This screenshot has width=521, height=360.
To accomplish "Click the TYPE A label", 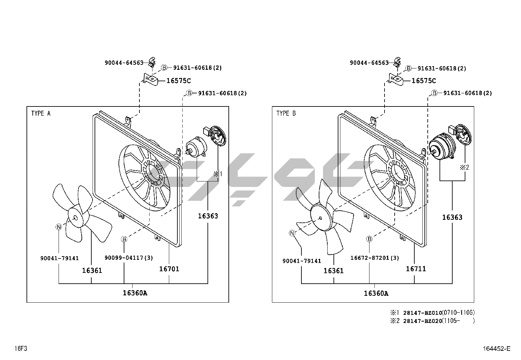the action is (41, 113).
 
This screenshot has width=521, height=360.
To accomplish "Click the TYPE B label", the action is (286, 113).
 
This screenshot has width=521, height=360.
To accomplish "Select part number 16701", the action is (169, 269).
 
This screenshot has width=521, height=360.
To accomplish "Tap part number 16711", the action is (416, 269).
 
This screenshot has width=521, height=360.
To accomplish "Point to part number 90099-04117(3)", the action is (129, 258).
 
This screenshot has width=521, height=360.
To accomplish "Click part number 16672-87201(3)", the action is (375, 258).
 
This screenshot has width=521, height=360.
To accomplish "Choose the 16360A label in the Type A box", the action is (135, 293).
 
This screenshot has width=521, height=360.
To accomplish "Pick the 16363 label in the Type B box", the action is (452, 217).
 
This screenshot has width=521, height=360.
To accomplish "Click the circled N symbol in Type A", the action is (59, 227).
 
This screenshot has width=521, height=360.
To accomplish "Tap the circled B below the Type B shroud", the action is (369, 239).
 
